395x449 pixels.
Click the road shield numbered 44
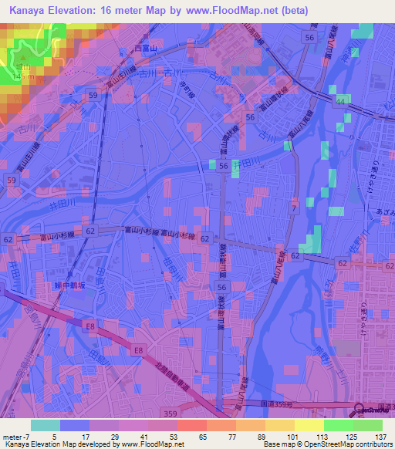pyautogui.click(x=339, y=101)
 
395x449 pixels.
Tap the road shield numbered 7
pyautogui.click(x=293, y=209)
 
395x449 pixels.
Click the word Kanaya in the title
pyautogui.click(x=31, y=11)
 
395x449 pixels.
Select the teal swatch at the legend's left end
pyautogui.click(x=45, y=425)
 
